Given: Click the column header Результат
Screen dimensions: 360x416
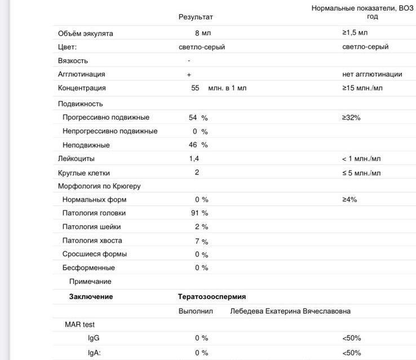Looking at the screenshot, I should (x=196, y=17).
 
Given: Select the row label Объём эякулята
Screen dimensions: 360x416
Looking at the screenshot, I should (x=86, y=33).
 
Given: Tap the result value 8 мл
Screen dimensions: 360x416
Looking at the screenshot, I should (x=202, y=33).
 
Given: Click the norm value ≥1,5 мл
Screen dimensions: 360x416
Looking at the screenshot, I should (x=355, y=33).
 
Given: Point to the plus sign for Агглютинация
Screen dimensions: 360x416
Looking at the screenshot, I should (x=189, y=74).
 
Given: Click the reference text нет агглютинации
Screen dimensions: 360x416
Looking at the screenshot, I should (x=372, y=74).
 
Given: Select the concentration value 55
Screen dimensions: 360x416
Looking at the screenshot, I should (x=196, y=88).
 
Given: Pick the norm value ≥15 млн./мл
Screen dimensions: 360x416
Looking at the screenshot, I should (x=362, y=88).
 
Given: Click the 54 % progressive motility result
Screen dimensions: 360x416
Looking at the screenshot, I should (x=198, y=117).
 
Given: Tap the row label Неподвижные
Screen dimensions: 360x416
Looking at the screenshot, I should (x=86, y=145).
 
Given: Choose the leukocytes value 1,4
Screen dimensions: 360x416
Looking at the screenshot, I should (x=194, y=159).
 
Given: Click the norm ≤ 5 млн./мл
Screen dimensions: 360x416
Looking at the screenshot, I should (x=361, y=173).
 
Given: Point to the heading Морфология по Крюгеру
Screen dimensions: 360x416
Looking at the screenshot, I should (x=99, y=186).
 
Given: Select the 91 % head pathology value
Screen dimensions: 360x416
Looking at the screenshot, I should (x=200, y=213).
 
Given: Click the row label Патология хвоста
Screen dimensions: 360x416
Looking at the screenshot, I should (x=92, y=241).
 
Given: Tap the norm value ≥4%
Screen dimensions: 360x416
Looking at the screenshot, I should (x=349, y=200).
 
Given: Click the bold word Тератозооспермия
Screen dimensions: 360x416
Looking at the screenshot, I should (x=212, y=296).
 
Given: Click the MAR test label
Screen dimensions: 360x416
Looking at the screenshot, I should (x=80, y=324).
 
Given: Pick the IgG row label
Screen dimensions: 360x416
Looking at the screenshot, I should (x=94, y=338).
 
